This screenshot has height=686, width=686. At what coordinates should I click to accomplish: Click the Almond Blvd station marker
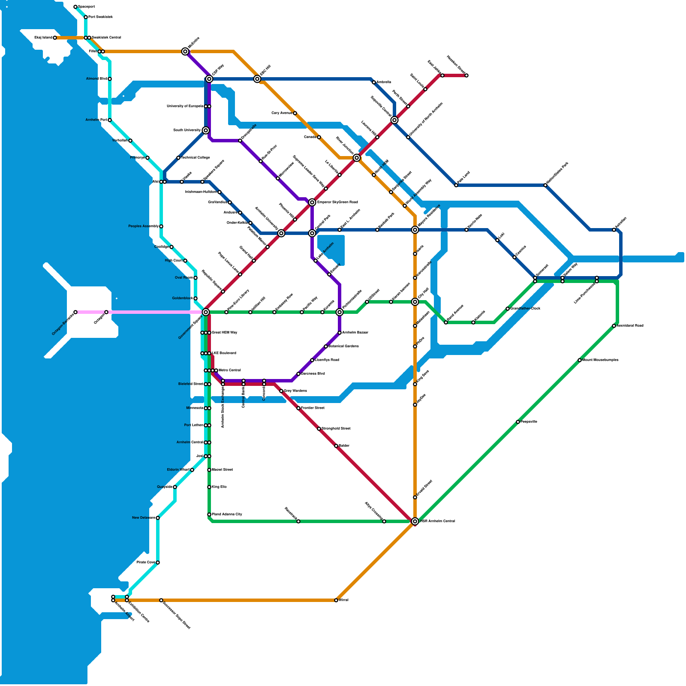point(110,79)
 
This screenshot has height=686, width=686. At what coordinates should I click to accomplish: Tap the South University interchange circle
point(206,130)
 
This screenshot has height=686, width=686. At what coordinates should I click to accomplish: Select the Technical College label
point(195,158)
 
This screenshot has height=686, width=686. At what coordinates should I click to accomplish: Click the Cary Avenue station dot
point(295,113)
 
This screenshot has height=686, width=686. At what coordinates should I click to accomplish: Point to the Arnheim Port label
point(96,120)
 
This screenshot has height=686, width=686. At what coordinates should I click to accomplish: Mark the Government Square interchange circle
point(206,312)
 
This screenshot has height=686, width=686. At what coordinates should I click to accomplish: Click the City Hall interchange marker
point(415,302)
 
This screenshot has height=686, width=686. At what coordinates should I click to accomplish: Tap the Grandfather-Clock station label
point(526,309)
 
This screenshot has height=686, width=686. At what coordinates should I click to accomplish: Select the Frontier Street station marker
point(298,408)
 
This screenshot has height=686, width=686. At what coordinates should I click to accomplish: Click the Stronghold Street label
point(336,429)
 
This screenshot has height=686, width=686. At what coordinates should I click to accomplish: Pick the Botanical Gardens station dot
point(326,346)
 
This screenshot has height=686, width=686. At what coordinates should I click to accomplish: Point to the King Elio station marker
point(209,487)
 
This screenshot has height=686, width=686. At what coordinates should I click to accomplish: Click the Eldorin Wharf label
point(178,470)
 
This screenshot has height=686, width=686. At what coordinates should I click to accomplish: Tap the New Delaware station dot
point(158,518)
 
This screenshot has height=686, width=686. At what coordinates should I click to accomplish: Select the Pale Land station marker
point(456,185)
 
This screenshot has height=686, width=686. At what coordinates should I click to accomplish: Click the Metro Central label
point(230,370)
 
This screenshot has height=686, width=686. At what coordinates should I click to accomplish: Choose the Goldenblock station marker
point(196,298)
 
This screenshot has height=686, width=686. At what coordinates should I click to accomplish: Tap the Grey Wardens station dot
point(281,391)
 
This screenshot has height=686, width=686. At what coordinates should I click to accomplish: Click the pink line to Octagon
point(154,312)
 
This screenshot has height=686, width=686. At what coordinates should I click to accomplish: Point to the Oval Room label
point(184,278)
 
